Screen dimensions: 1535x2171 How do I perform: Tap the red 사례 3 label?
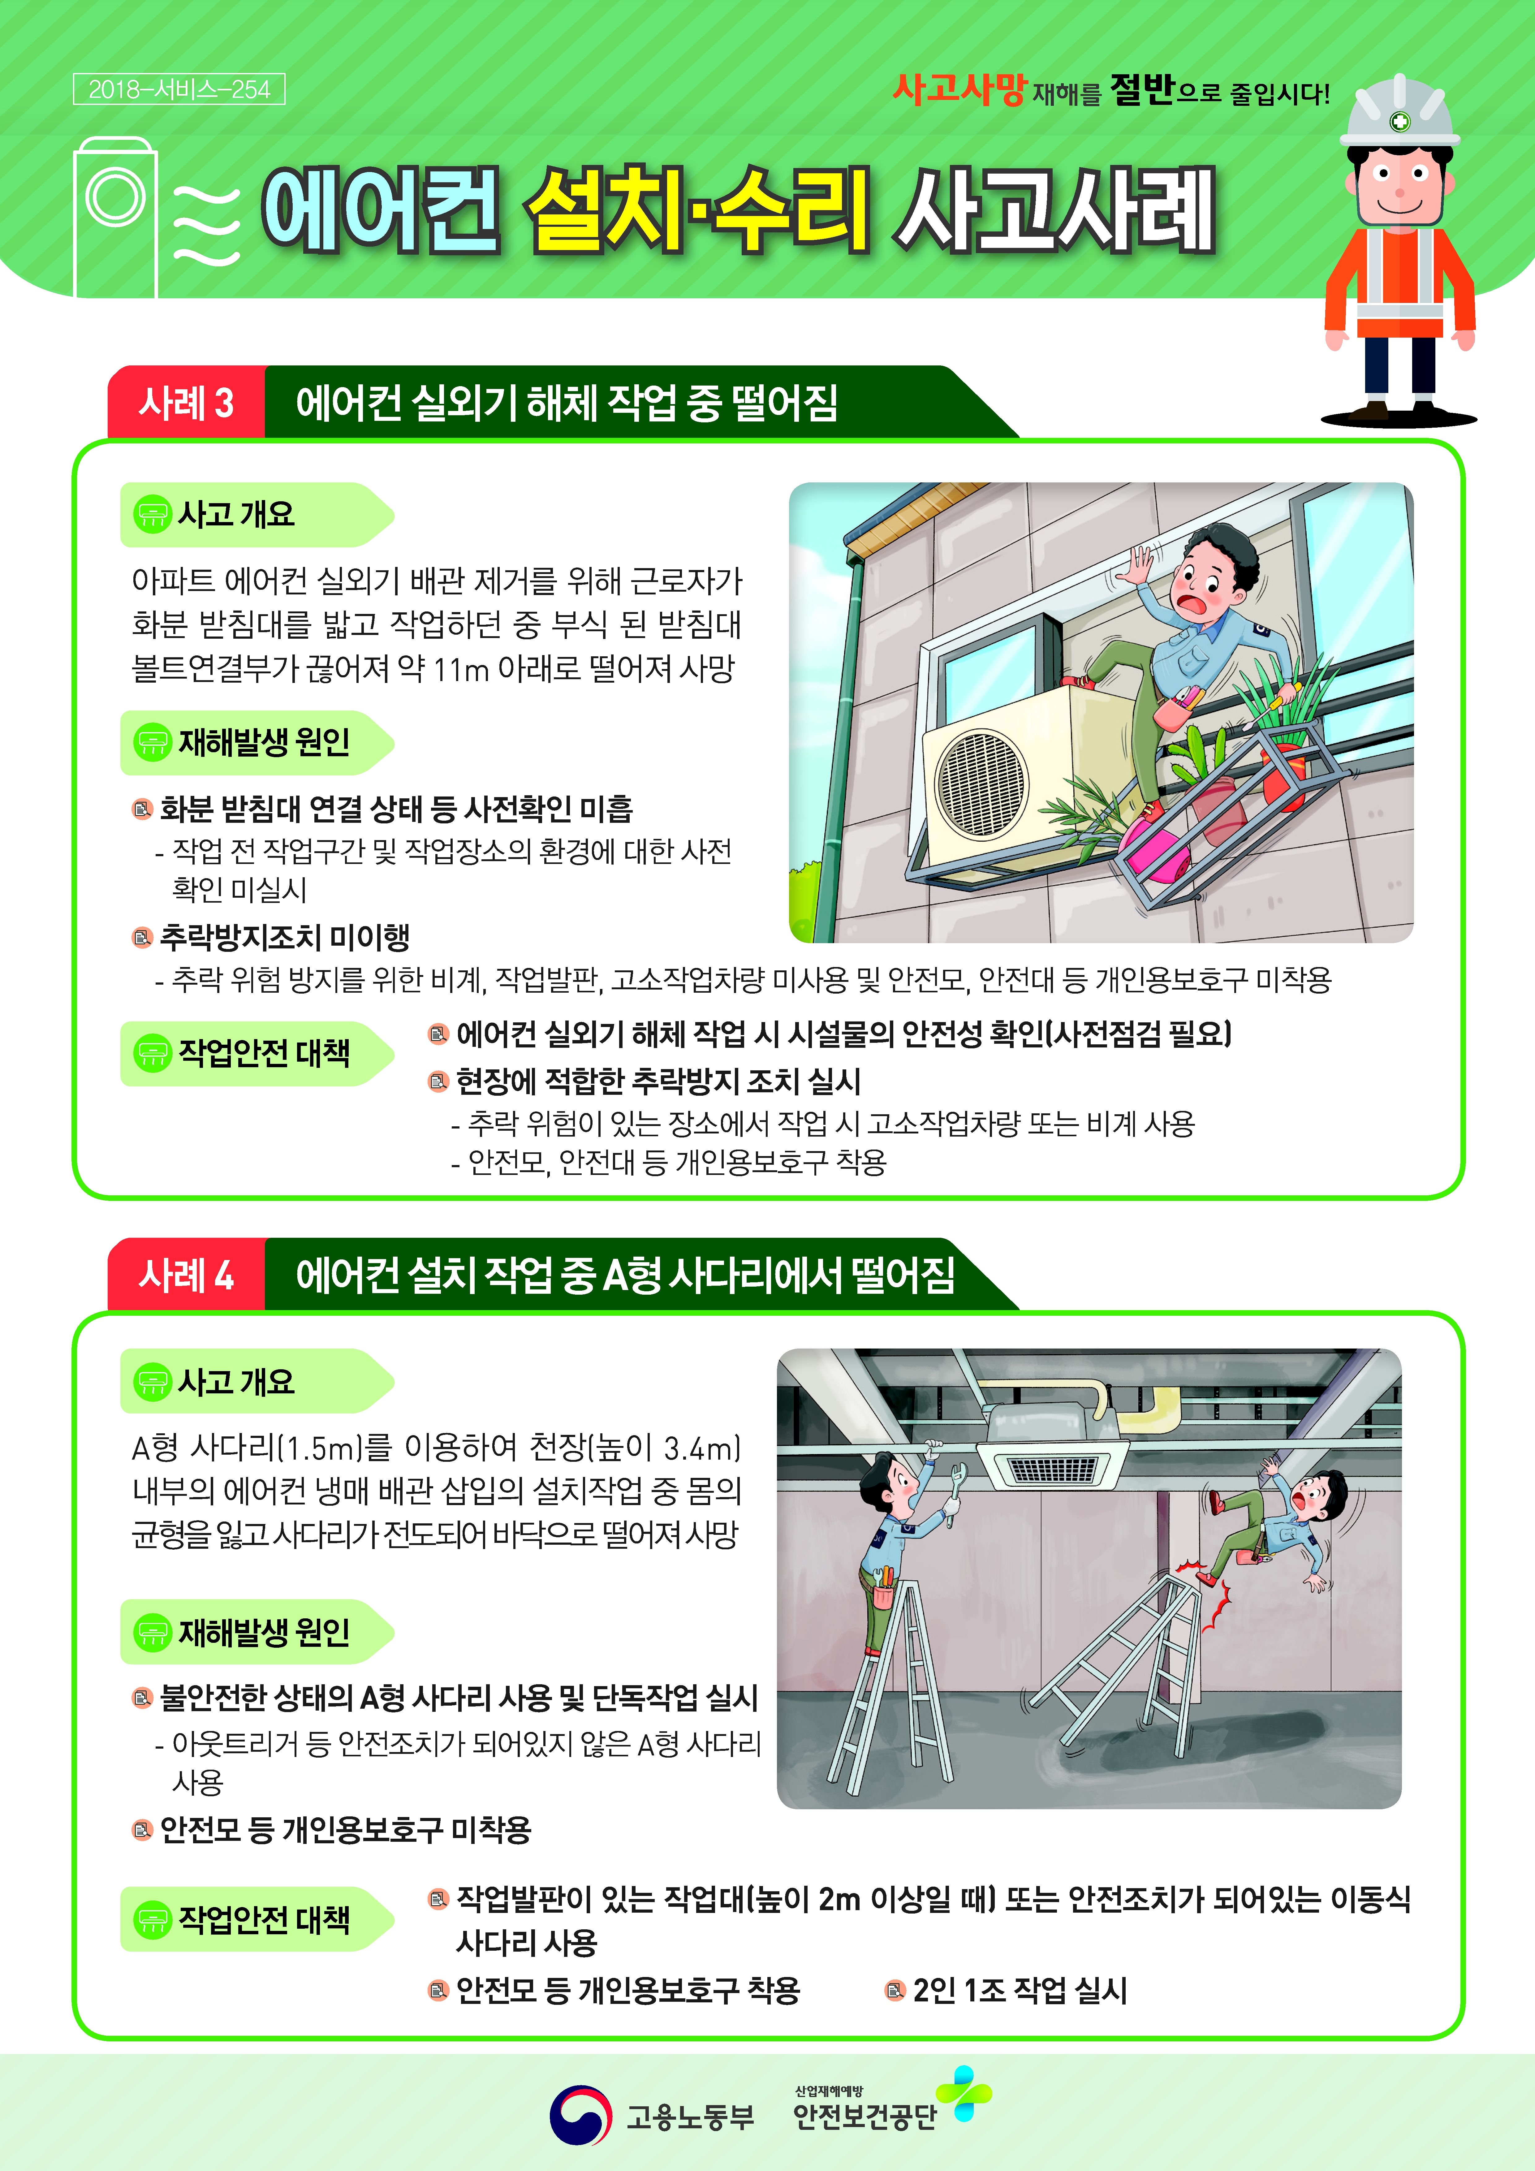tap(186, 403)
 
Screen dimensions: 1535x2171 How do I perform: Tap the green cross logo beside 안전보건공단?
tap(963, 2093)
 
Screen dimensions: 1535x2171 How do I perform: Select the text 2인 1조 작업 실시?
tap(1020, 1989)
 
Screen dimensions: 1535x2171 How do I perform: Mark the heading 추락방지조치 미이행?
tap(284, 937)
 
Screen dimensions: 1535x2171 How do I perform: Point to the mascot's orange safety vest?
tap(1400, 284)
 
